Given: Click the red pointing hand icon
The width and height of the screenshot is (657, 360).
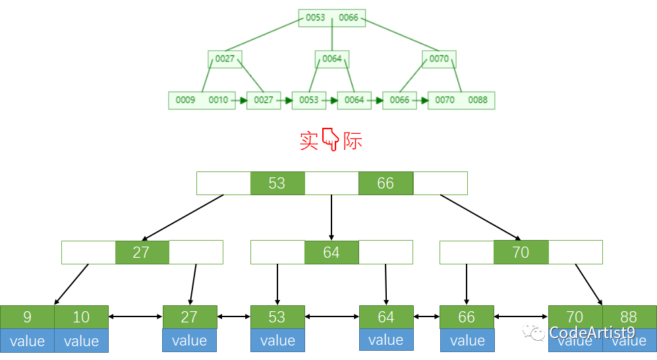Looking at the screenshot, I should click(330, 140).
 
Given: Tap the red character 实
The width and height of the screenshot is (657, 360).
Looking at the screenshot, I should click(309, 140).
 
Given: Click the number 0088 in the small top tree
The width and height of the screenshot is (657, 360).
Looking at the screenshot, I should click(478, 100).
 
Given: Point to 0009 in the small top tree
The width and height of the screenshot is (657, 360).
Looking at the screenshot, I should click(185, 100).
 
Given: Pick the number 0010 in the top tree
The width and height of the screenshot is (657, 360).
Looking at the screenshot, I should click(218, 100).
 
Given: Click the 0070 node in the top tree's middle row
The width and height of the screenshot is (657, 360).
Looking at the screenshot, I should click(439, 59).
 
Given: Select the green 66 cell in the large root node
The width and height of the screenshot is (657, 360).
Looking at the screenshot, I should click(386, 183).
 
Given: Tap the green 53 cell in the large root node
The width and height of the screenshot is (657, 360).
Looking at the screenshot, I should click(277, 183).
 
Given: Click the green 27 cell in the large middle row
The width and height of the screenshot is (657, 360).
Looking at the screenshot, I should click(142, 253).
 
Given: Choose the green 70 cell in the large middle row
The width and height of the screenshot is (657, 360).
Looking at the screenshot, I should click(521, 253).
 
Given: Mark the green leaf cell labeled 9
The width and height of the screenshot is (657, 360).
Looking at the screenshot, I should click(27, 317).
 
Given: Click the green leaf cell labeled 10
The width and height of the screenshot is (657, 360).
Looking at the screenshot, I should click(81, 317).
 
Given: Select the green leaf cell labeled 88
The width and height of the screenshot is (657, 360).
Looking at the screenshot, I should click(629, 317).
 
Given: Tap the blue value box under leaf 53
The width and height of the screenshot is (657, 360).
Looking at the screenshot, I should click(277, 340).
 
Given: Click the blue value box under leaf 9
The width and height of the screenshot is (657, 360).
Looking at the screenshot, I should click(27, 340).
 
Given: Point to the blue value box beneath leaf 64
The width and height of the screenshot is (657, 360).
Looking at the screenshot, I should click(386, 340).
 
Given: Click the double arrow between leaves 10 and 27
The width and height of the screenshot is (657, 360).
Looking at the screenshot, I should click(135, 317).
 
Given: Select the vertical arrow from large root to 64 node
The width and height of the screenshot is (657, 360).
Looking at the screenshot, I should click(331, 217).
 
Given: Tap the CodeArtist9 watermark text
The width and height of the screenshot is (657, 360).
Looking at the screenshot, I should click(591, 333).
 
